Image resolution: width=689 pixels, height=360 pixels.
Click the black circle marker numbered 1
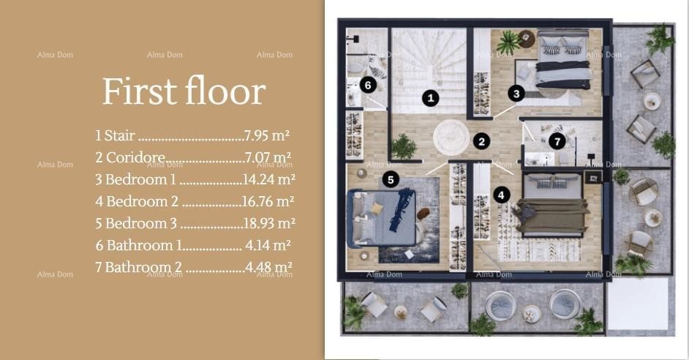click(x=431, y=98)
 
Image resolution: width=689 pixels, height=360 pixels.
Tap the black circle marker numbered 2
click(x=481, y=141)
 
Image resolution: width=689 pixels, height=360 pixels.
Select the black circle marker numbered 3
click(x=516, y=93)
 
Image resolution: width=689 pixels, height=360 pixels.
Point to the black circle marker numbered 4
click(x=501, y=195)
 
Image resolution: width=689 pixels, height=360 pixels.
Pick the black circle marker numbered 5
click(x=391, y=179)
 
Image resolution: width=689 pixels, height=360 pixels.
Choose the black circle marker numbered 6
click(x=368, y=85)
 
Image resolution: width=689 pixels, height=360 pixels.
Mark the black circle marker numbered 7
click(x=557, y=141)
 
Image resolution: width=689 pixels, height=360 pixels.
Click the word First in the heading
click(x=139, y=91)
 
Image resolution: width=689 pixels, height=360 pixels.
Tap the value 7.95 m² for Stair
click(x=267, y=135)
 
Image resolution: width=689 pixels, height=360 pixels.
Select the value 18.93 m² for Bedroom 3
click(x=269, y=223)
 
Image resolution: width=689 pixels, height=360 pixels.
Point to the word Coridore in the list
click(x=135, y=157)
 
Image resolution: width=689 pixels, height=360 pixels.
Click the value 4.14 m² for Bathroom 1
click(x=268, y=245)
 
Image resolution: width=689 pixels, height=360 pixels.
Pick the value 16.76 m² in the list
click(x=268, y=201)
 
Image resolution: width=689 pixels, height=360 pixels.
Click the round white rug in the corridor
click(x=451, y=137)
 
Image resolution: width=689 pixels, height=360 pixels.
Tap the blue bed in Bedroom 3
click(x=381, y=218)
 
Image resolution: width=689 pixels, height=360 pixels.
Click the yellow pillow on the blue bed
click(x=377, y=209)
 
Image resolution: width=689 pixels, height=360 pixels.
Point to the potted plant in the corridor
click(x=404, y=146)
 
